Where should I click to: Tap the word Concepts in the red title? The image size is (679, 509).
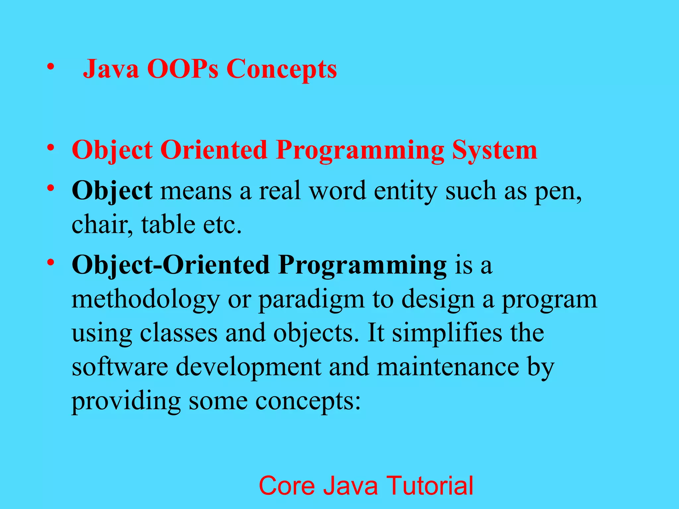coord(282,70)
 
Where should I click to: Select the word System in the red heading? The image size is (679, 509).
coord(494,150)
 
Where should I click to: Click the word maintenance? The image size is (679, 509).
coord(448,367)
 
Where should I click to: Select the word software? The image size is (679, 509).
coord(120,367)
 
